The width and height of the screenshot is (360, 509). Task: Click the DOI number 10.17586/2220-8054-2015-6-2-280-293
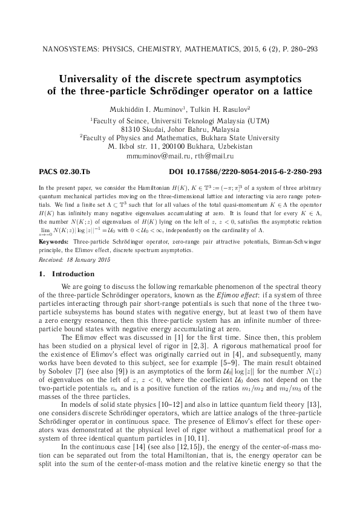(x=257, y=172)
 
